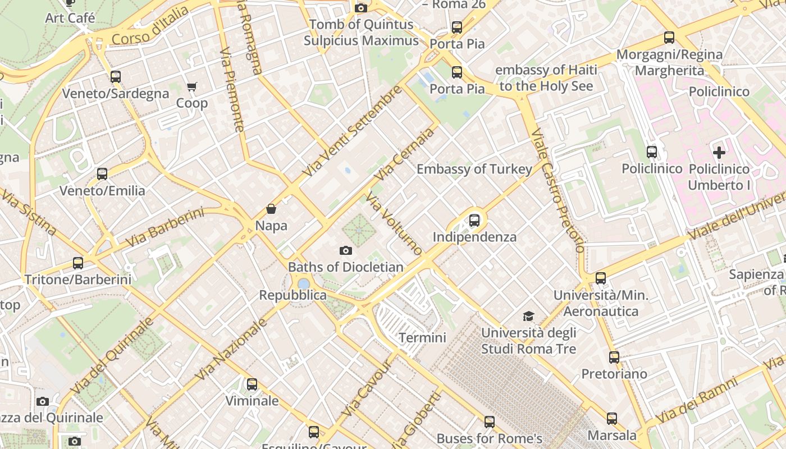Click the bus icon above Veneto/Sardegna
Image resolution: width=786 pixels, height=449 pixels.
[x=115, y=76]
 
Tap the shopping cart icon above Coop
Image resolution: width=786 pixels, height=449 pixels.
[x=192, y=86]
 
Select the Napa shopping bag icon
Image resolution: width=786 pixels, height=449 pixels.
[x=271, y=209]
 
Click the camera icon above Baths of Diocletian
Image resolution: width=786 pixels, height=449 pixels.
[x=346, y=250]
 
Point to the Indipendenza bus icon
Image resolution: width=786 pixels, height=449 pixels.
[x=474, y=221]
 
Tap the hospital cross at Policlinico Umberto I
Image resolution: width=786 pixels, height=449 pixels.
[x=719, y=152]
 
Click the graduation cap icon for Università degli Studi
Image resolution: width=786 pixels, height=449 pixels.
[x=528, y=317]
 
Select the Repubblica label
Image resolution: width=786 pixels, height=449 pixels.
[x=293, y=295]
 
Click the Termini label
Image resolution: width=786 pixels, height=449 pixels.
[x=422, y=337]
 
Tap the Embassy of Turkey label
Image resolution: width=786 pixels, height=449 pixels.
[x=474, y=169]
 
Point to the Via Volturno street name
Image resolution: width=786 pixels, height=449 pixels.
[x=394, y=223]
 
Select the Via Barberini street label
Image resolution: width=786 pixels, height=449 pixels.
[x=164, y=227]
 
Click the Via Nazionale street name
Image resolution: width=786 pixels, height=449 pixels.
[x=231, y=349]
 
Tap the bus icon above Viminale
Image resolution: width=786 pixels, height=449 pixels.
[x=252, y=384]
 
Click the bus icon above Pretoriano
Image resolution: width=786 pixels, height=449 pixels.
[x=614, y=357]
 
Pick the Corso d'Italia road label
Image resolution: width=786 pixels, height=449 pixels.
[x=150, y=25]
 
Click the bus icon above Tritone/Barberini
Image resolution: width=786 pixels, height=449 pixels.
[x=78, y=263]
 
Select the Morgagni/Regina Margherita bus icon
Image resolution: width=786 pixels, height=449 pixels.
[x=669, y=38]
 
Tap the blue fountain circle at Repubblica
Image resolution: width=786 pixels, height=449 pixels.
[x=304, y=283]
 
